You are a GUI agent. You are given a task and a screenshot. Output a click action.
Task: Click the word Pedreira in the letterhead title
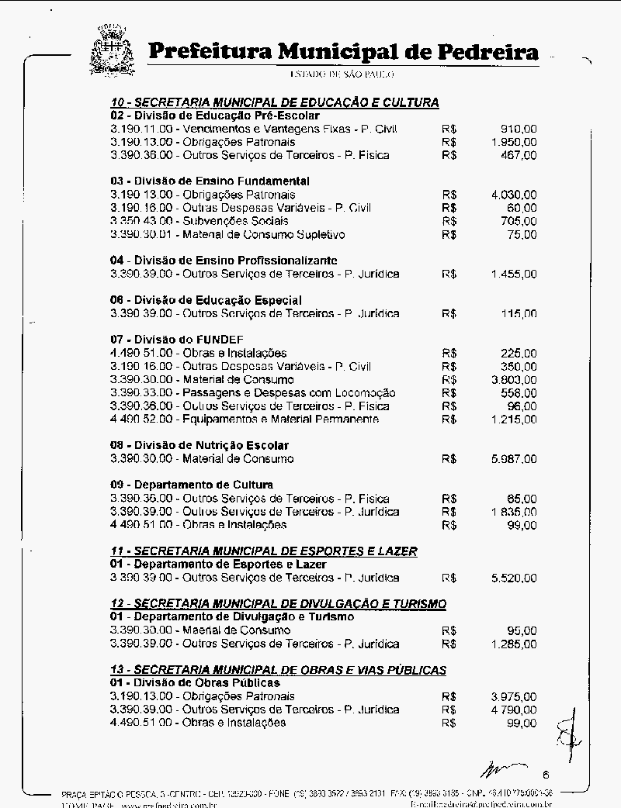[488, 52]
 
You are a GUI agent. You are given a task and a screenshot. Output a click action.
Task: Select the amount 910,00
[518, 129]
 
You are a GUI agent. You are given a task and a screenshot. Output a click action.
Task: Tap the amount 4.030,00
[513, 195]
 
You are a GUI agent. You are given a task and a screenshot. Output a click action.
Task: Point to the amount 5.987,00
[513, 459]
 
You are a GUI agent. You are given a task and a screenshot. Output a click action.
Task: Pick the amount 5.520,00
[513, 578]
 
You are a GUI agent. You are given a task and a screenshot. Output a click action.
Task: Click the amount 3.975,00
[513, 696]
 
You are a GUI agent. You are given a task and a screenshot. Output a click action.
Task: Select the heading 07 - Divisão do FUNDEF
[177, 340]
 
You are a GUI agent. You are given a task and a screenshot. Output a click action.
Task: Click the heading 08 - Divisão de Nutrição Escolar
[199, 445]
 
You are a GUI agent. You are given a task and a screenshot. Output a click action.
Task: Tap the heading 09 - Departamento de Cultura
[192, 485]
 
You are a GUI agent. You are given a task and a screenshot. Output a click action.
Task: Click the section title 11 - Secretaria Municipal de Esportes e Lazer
[264, 551]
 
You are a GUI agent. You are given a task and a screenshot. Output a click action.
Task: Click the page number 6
[546, 774]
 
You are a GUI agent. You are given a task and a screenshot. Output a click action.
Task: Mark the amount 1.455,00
[513, 274]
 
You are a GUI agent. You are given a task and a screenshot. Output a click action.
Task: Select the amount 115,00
[518, 314]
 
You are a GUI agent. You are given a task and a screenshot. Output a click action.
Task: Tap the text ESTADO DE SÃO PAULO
[342, 74]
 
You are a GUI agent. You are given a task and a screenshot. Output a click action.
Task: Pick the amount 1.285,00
[513, 644]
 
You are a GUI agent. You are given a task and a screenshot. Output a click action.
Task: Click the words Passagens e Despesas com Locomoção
[289, 393]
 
